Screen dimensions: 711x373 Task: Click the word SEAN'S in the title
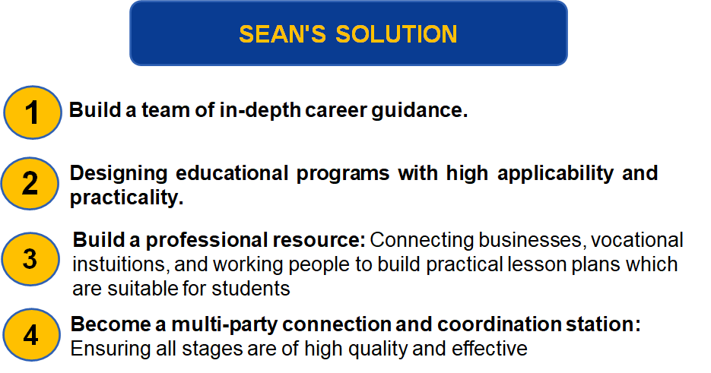coord(282,34)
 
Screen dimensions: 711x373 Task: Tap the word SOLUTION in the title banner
coord(396,34)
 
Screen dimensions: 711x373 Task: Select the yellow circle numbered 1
coord(33,112)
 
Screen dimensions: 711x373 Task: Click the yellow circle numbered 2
coord(30,184)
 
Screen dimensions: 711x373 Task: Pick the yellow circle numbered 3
coord(30,259)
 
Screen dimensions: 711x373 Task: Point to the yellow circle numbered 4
coord(31,335)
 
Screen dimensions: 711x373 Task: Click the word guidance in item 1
coord(420,110)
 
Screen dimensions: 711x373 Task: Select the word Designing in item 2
coord(119,173)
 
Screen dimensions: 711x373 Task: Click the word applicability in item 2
coord(555,173)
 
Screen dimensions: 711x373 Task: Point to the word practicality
coord(126,198)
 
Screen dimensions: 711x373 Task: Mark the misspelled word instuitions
coord(121,264)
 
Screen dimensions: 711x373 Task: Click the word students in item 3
coord(251,288)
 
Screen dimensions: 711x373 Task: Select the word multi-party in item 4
coord(224,324)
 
